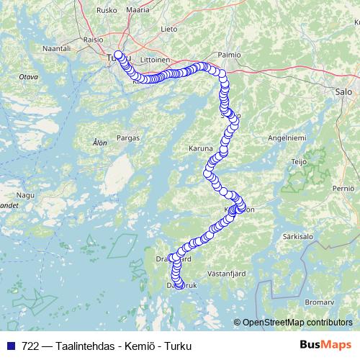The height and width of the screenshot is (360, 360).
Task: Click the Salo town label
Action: click(x=343, y=92)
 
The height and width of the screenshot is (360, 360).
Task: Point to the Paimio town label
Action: click(x=230, y=53)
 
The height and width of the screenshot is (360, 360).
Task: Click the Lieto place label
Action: click(x=169, y=30)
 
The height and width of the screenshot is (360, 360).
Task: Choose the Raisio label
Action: click(x=94, y=40)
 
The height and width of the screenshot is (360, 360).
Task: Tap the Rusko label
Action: click(x=107, y=11)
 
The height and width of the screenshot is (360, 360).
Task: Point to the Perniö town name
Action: click(x=343, y=188)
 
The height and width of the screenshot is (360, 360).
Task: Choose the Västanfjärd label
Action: click(x=228, y=274)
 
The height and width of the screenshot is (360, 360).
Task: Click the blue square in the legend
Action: click(x=11, y=346)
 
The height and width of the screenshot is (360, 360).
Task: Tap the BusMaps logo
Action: click(x=325, y=345)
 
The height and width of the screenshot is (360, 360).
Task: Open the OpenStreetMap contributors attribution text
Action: click(x=297, y=323)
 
